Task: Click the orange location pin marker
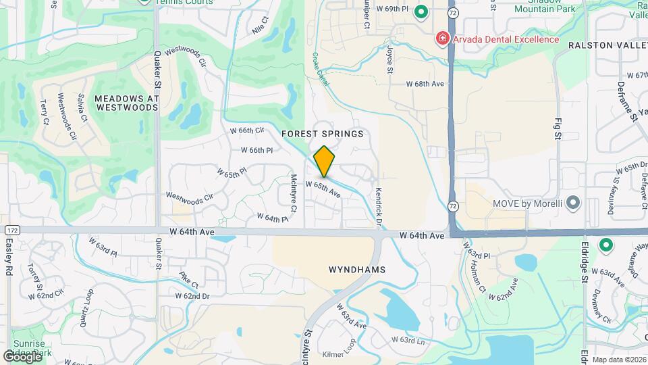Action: point(325,162)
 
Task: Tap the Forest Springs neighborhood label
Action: point(323,134)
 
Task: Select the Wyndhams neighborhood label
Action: point(357,269)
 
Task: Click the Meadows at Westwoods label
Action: point(126,103)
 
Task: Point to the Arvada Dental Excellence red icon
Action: point(443,39)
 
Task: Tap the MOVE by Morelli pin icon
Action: point(573,202)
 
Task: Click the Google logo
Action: point(22,356)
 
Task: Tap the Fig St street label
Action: point(558,126)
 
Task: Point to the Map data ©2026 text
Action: point(619,360)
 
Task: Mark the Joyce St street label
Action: point(390,59)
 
